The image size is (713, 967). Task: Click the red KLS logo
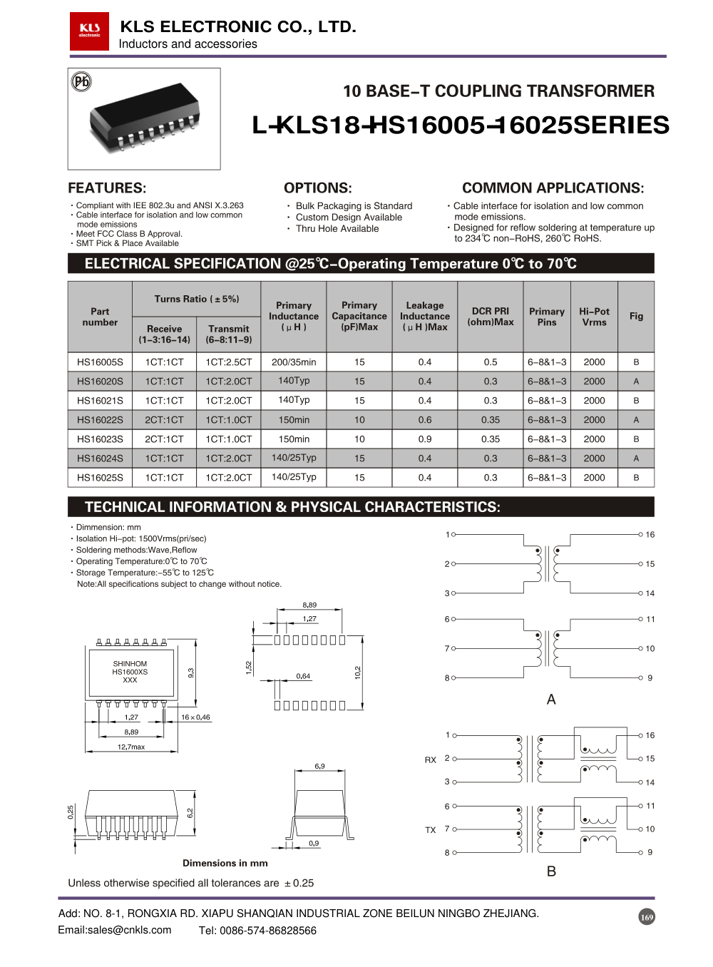[89, 31]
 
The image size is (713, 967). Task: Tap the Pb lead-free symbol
[82, 82]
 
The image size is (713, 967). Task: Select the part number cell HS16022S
[100, 420]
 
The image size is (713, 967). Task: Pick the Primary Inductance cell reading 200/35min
[294, 362]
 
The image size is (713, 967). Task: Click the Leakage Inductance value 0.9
[425, 439]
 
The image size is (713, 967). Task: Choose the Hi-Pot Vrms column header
[594, 317]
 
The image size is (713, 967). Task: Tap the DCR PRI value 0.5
[491, 362]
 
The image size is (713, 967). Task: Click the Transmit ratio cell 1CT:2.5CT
[229, 362]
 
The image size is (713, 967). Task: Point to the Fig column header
[636, 316]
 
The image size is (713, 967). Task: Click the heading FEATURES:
[107, 188]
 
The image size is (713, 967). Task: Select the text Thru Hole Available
[337, 229]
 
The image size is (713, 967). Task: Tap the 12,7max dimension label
[131, 747]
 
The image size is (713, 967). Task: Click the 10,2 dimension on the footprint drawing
[358, 672]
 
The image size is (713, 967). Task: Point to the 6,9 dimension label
[319, 766]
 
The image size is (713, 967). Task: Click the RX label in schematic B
[431, 760]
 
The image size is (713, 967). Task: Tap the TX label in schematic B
[431, 830]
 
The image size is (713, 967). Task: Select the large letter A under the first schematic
[551, 700]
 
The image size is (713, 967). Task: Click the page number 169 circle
[647, 917]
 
